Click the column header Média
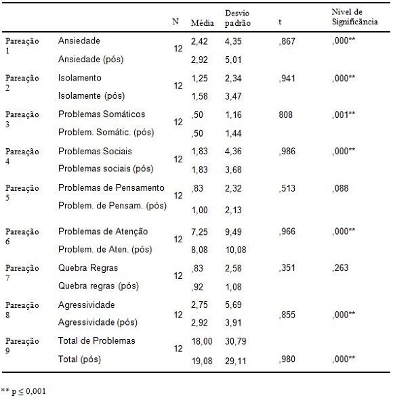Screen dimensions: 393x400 [203, 23]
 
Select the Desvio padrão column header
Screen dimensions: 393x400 [237, 18]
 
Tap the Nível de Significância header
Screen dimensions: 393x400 [354, 17]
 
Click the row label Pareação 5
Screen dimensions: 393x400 [22, 193]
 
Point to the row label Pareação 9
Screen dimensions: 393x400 [22, 346]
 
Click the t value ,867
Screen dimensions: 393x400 [287, 41]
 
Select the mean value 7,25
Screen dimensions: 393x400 [199, 231]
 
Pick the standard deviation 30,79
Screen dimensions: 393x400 [235, 341]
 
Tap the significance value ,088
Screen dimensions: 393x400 [340, 188]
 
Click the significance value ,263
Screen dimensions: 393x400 [340, 267]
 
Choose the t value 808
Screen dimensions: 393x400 [285, 114]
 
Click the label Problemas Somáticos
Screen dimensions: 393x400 [102, 114]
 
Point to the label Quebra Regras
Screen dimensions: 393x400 [88, 268]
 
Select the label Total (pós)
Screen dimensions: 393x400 [79, 359]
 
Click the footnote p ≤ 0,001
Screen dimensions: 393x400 [28, 391]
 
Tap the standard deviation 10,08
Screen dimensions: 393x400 [235, 250]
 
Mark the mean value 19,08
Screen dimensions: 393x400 [202, 361]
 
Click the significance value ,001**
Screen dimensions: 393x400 [344, 114]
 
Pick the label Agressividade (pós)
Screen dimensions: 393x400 [98, 322]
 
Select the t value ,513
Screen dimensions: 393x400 [287, 188]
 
